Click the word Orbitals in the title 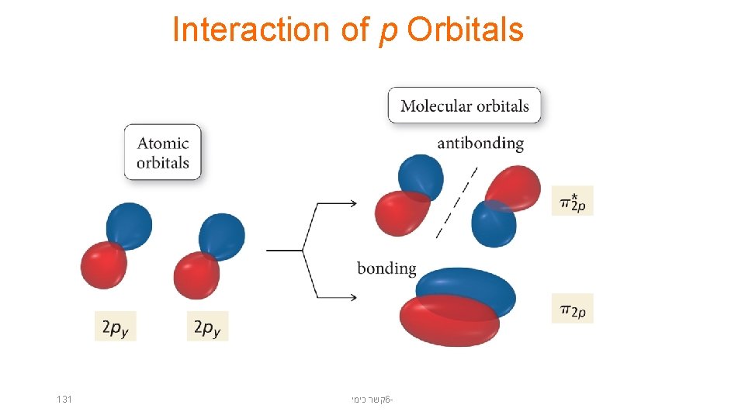point(465,30)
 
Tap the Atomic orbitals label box point(162,153)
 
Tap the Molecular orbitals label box point(464,106)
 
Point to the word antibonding point(480,144)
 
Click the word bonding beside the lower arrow point(386,269)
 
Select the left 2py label point(115,327)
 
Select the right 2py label point(207,327)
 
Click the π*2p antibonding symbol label point(572,201)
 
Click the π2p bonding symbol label point(572,310)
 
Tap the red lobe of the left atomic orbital point(103,265)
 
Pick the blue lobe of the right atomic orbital point(223,234)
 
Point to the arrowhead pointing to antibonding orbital point(351,203)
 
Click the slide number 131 point(64,399)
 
